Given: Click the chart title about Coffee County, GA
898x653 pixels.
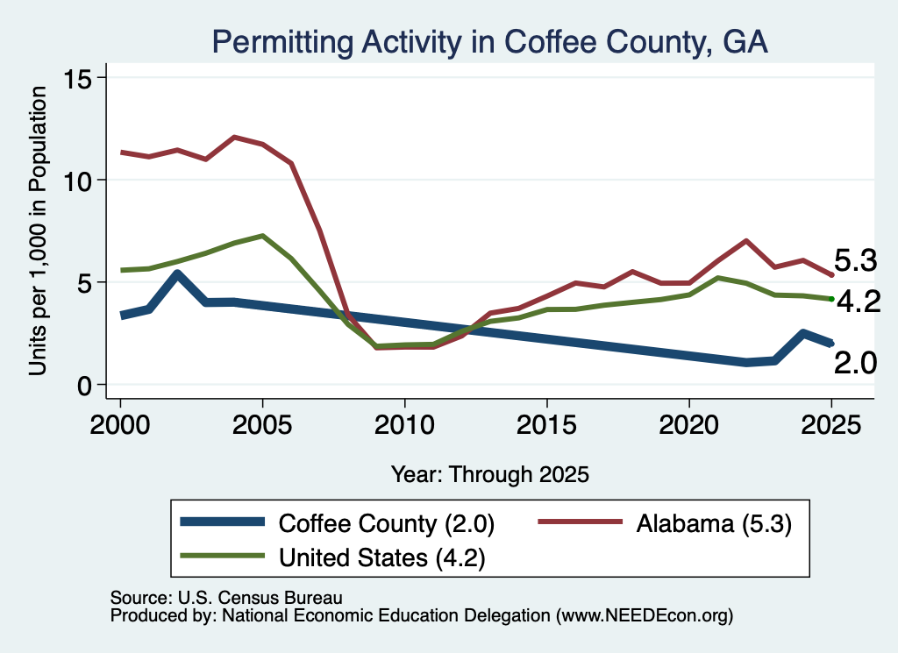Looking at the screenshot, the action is point(489,42).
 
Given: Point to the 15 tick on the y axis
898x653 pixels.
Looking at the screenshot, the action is point(77,78).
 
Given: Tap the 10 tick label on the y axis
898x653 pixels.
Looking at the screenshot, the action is point(77,181).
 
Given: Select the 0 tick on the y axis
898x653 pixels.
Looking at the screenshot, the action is point(84,386).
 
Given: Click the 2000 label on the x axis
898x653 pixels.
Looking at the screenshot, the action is point(120,424).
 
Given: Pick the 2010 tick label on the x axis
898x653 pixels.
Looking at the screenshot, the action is point(404,424).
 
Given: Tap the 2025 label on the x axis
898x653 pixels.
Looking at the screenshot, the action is point(831,424).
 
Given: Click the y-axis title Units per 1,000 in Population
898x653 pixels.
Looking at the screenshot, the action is point(38,231).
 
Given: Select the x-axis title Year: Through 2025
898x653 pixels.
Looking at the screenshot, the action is point(489,474).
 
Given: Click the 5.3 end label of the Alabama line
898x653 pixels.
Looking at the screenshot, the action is point(855,260).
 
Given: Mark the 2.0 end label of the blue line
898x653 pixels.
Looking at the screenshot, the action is point(855,363).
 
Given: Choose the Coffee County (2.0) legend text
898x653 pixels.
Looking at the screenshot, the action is point(387,523).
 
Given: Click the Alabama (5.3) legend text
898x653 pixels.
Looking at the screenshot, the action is point(714,523).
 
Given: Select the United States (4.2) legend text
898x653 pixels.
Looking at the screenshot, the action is point(382,557).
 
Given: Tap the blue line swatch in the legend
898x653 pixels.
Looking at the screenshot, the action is point(223,522).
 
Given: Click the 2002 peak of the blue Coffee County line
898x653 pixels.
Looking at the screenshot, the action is point(177,273).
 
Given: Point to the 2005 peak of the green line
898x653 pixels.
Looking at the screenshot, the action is point(262,235).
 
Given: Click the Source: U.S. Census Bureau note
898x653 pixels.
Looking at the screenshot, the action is point(226,598).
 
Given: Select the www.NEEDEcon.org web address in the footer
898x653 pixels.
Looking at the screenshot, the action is point(645,615).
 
